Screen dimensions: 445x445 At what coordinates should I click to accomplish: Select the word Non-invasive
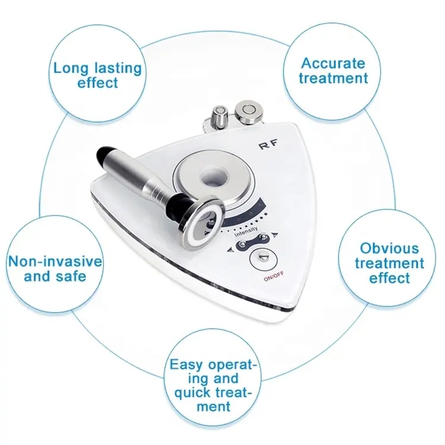(55, 262)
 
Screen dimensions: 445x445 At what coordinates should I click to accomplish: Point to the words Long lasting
(97, 68)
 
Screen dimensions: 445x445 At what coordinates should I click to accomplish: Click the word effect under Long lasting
(98, 82)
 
